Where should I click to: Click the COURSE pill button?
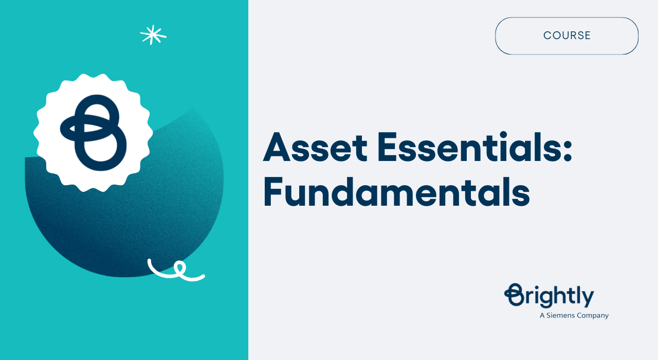pos(566,35)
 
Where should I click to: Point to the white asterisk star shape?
pos(153,35)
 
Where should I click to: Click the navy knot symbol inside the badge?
pos(93,133)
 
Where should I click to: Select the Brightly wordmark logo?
pos(550,296)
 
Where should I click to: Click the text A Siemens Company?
pos(574,315)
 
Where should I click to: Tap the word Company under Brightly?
pos(593,316)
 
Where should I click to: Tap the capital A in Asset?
pos(278,148)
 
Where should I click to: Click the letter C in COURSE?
pos(547,35)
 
